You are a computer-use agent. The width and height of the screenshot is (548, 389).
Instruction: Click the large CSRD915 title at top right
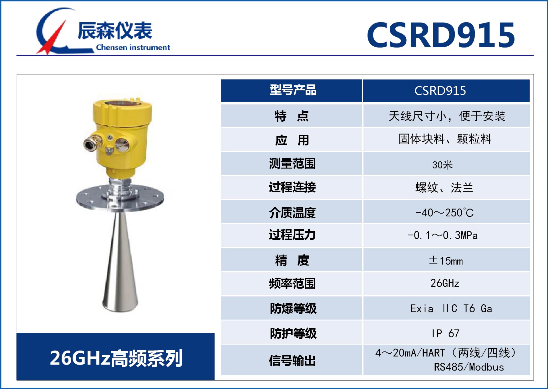tap(441, 35)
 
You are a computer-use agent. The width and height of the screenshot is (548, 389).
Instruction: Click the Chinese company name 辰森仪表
tap(115, 31)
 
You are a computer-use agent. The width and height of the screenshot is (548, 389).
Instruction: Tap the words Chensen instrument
tap(133, 48)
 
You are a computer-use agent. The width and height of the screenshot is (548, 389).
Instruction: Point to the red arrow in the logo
tap(52, 37)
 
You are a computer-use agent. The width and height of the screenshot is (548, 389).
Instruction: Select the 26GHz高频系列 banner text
tap(116, 358)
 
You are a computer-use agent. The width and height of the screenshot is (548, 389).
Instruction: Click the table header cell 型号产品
tap(293, 90)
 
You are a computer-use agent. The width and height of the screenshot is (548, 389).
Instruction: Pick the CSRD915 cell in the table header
tap(440, 91)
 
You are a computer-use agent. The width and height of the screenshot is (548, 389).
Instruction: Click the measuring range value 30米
tap(442, 164)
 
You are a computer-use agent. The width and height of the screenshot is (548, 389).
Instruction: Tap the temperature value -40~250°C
tap(444, 213)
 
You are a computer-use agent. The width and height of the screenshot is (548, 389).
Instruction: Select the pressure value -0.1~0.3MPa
tap(443, 235)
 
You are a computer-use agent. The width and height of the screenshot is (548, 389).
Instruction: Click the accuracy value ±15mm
tap(446, 260)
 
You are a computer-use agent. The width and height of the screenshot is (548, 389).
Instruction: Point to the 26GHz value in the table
tap(445, 283)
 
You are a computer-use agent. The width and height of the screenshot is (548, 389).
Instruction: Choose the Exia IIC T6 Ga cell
tap(451, 309)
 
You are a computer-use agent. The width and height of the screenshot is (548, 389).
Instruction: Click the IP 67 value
tap(445, 333)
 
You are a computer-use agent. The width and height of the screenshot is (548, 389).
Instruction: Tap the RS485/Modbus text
tap(469, 367)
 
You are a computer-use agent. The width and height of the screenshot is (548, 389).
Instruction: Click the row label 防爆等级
tap(293, 308)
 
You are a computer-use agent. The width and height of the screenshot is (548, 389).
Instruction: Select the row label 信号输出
tap(292, 361)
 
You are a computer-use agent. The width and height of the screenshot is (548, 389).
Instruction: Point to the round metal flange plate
tap(120, 198)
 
